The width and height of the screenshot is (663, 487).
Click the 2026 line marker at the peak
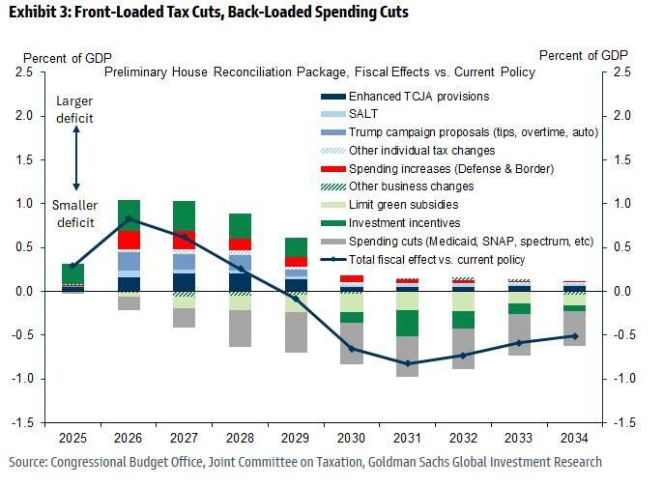point(130,218)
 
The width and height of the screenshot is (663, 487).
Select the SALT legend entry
point(363,113)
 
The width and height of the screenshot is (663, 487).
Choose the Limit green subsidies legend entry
point(404,205)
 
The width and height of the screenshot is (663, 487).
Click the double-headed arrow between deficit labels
point(76,158)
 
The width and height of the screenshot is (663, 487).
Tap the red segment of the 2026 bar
point(130,240)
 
